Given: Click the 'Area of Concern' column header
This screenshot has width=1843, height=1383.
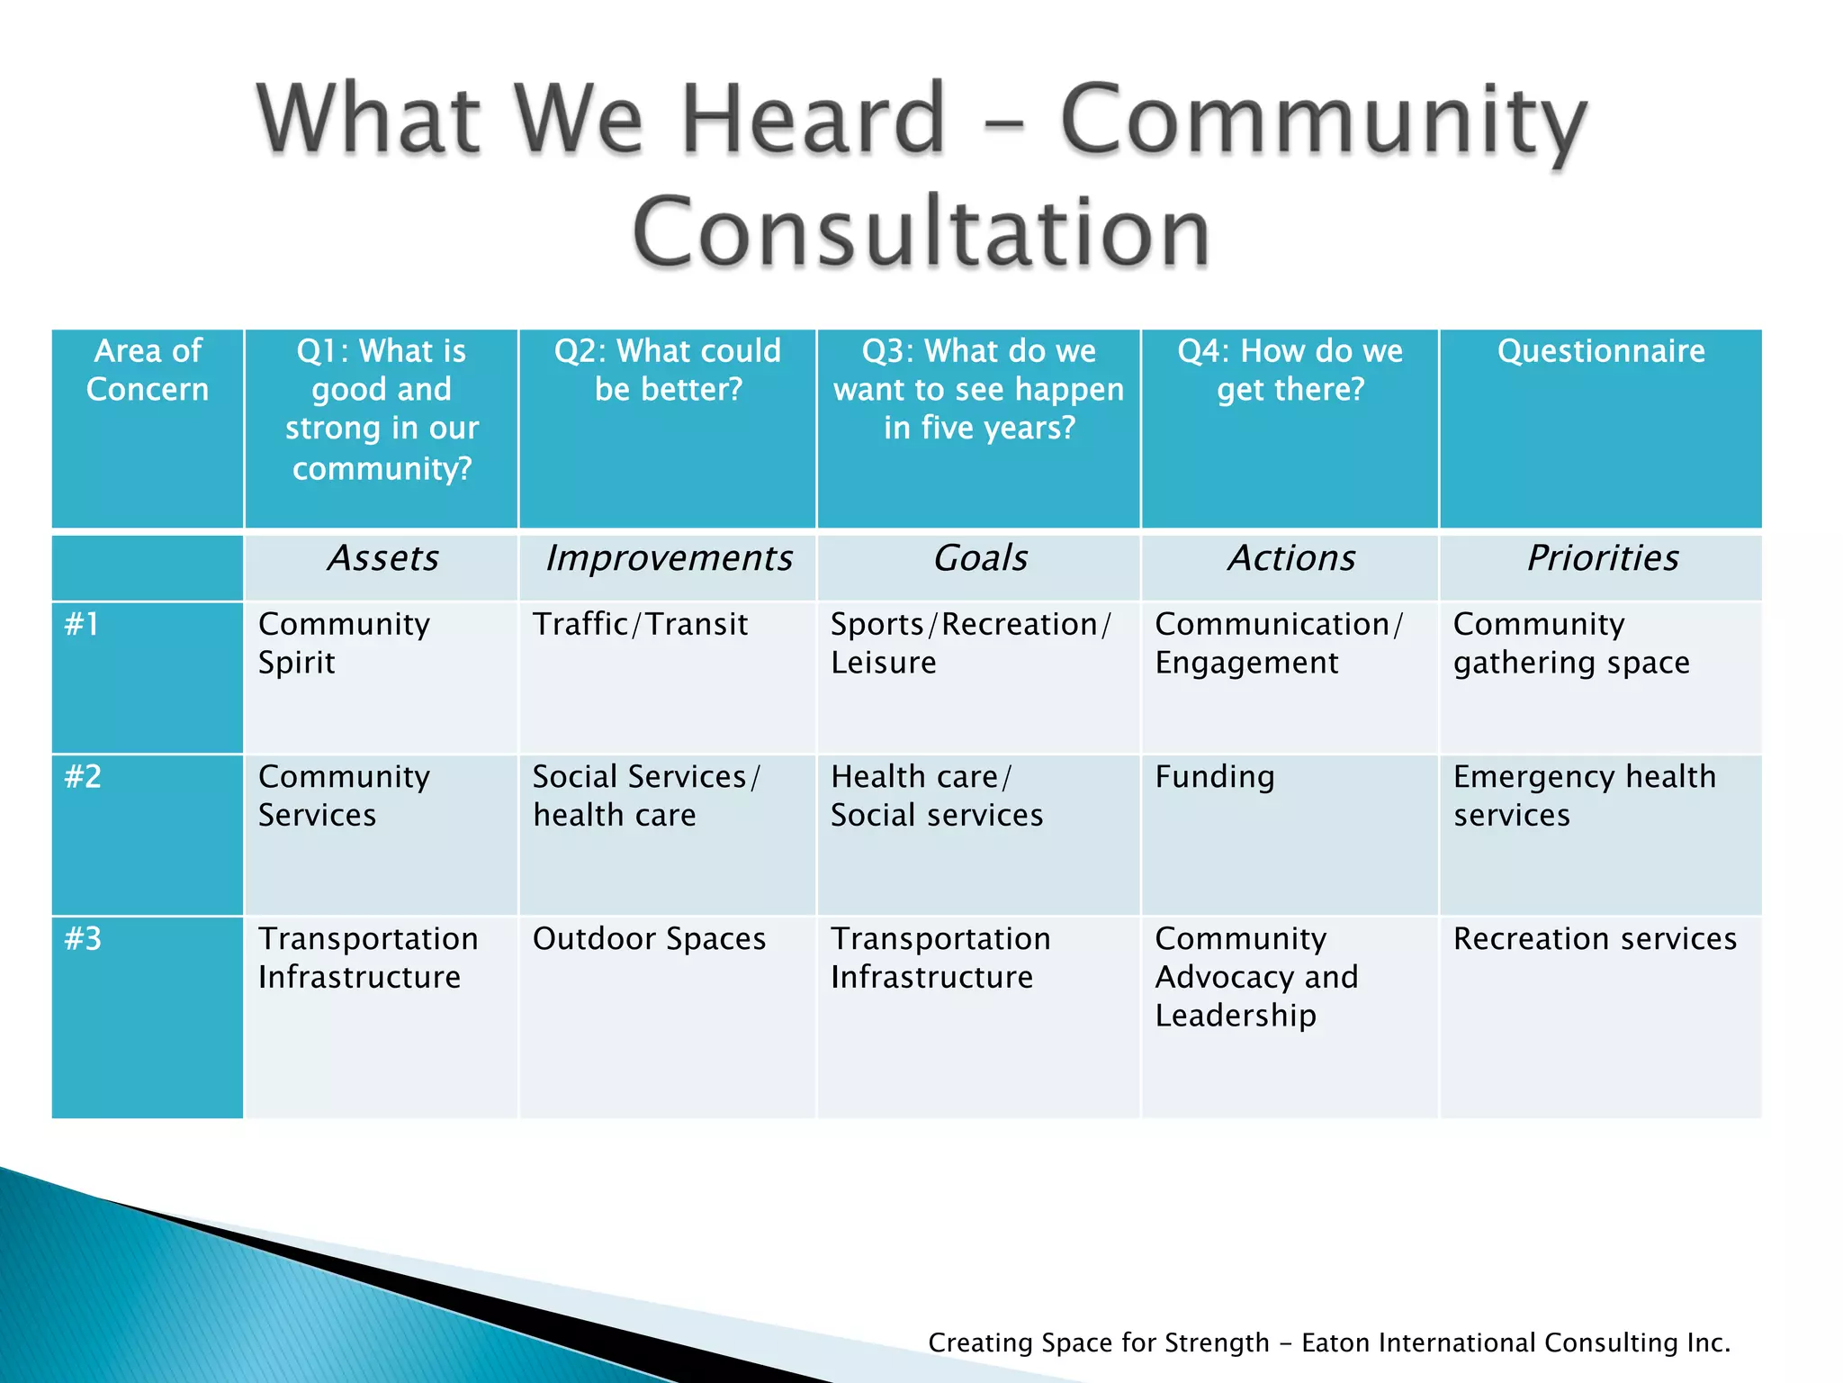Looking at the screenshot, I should pos(148,370).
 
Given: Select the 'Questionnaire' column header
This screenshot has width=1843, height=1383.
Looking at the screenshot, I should pos(1601,351).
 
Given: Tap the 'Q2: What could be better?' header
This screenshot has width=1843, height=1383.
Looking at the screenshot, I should pos(668,370).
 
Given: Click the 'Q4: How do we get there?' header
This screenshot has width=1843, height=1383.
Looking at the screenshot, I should pos(1290,370).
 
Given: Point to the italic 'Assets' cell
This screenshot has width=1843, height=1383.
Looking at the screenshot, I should pos(382,559).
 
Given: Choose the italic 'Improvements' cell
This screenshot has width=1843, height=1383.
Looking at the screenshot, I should pos(669,559).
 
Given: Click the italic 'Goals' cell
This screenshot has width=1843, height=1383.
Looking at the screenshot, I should pos(980,559).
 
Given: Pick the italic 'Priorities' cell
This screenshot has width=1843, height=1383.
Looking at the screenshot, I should pos(1602,559).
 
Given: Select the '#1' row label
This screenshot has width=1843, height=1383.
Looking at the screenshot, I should pos(82,624).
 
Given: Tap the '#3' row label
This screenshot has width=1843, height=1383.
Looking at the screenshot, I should pos(83,939).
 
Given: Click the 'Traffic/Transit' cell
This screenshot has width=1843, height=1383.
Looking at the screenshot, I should pos(640,624).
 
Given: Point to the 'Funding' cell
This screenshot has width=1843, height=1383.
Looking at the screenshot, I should pos(1215,777).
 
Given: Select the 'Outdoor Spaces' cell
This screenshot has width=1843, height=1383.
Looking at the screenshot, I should pos(649,939).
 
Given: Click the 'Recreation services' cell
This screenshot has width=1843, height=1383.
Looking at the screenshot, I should pos(1595,939).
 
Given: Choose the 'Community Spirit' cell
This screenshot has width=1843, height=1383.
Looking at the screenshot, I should pos(344,643).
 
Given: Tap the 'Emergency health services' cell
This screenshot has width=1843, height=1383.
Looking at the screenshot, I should pos(1584,796).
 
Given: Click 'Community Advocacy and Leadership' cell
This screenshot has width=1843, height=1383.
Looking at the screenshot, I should pos(1256,977).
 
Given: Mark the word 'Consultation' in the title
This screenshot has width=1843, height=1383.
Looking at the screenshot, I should pos(921,232).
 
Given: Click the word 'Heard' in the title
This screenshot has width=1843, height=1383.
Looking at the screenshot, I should pos(813,119).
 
